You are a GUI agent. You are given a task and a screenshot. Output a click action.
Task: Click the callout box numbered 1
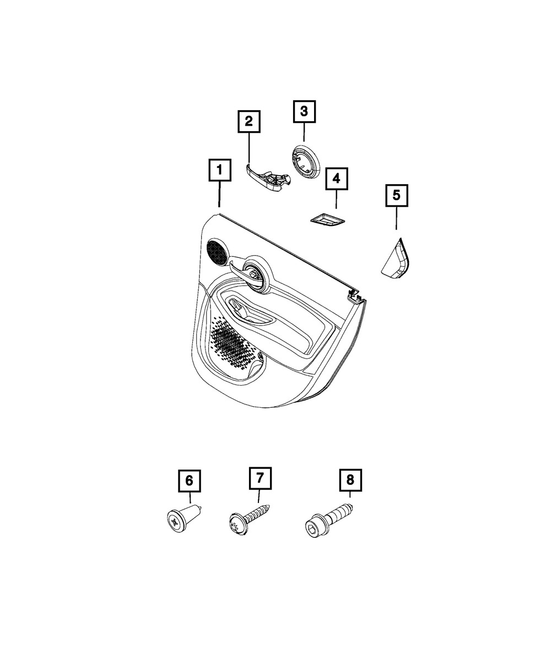coord(220,170)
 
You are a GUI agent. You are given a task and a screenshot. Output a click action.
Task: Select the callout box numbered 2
coord(249,121)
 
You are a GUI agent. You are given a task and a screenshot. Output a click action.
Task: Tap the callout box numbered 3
coord(304,111)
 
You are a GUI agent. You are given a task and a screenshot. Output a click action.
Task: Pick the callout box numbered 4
coord(336,179)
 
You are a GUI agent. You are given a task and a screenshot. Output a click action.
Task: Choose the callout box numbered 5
coord(396,196)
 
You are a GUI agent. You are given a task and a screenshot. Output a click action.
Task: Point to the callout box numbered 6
coord(190,490)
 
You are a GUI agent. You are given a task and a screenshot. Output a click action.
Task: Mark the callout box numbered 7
coord(260,487)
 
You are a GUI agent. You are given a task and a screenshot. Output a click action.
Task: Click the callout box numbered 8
coord(350,489)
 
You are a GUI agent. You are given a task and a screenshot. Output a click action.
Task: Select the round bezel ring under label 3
coord(306,161)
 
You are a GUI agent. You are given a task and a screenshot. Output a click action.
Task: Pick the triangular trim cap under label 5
coord(396,258)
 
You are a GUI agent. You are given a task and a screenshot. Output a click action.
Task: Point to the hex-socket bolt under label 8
coord(328,526)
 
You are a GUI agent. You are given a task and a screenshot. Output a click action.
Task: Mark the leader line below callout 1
coord(219,194)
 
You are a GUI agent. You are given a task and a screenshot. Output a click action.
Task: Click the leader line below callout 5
coord(396,218)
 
